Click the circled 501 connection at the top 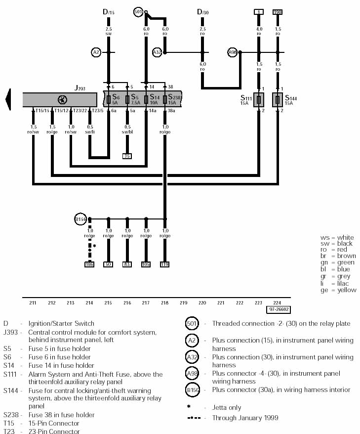point(138,11)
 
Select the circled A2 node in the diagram point(96,52)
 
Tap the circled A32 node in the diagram point(157,52)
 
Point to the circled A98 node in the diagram point(233,52)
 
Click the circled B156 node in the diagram point(80,218)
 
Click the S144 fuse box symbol point(278,99)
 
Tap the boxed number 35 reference point(127,156)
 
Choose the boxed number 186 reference point(89,264)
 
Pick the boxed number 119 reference point(164,264)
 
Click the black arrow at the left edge point(8,99)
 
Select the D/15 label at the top point(108,11)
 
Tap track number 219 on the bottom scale point(183,303)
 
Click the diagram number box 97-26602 point(278,310)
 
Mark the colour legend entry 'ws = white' point(337,238)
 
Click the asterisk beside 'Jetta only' point(189,407)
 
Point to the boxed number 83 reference point(127,264)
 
